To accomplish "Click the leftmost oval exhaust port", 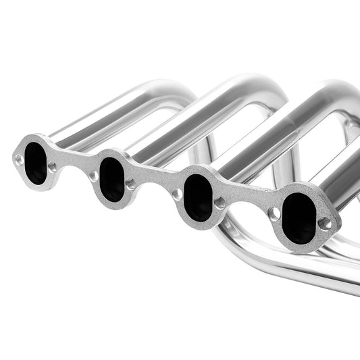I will point(36,163).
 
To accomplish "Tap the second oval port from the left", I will point(113,180).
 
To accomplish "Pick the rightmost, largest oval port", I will point(298,217).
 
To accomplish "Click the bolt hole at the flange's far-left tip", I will point(19,159).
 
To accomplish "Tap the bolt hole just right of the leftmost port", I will point(53,166).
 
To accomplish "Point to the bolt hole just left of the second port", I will point(94,176).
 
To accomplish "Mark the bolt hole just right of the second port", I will point(131,183).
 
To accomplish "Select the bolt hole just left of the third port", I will point(177,195).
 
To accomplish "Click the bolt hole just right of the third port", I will point(220,202).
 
